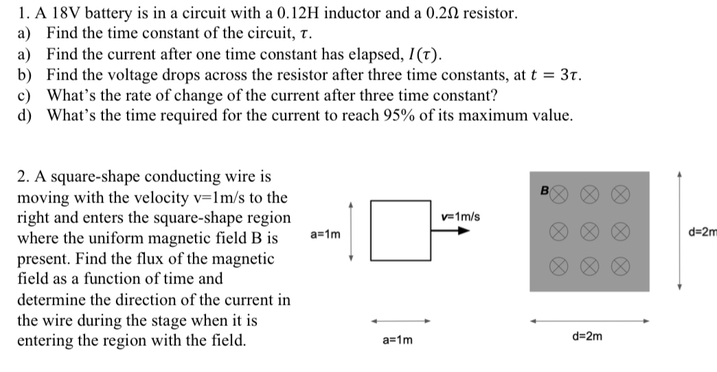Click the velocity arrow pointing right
[453, 231]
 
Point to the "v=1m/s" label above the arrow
[462, 217]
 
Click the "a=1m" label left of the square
[326, 234]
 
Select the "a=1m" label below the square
[398, 340]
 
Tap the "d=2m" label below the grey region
[588, 336]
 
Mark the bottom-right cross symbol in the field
[621, 267]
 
